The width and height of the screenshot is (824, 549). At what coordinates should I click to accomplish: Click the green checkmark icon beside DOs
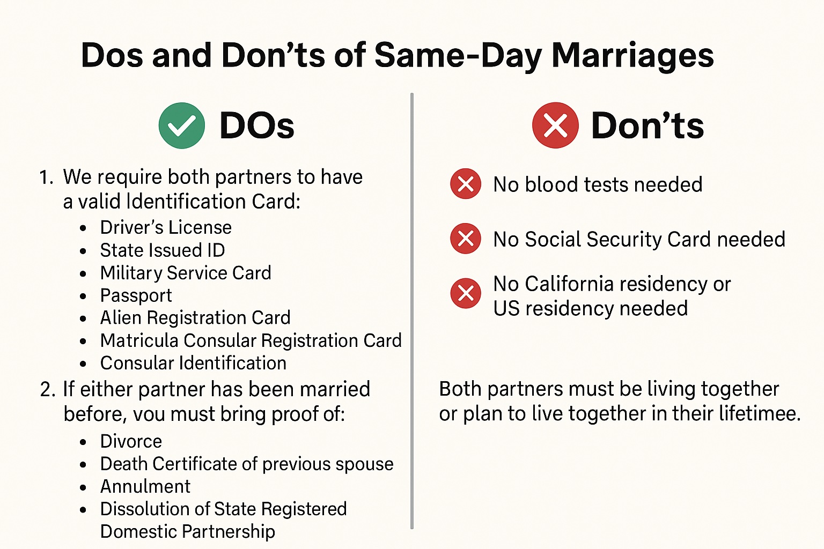coord(182,125)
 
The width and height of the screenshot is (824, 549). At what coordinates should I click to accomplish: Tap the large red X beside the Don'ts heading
coord(555,125)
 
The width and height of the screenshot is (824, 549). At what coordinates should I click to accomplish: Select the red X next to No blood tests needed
coord(465,184)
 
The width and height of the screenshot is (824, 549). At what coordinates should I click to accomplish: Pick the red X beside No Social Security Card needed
coord(465,239)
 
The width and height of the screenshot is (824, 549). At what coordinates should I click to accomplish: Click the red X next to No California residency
coord(465,293)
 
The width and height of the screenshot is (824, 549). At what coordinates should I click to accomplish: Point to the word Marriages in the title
coord(632,56)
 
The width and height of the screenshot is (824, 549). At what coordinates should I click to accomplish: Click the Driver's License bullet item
coord(166,227)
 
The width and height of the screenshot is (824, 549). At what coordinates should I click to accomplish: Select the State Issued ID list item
coord(163,250)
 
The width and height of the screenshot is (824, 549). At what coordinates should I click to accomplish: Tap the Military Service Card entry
coord(186,273)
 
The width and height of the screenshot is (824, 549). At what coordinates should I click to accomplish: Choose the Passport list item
coord(136,295)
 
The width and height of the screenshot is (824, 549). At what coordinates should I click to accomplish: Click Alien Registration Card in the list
coord(195,318)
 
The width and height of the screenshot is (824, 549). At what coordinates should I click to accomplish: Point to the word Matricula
coord(139,340)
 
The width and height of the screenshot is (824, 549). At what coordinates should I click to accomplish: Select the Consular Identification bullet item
coord(194,363)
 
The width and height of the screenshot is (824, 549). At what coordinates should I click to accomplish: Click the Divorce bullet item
coord(131,441)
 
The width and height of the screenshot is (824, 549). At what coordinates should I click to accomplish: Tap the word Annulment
coord(145,486)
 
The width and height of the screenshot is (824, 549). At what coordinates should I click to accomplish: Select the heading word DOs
coord(257,125)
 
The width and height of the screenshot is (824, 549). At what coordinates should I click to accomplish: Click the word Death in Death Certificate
coord(124,464)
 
